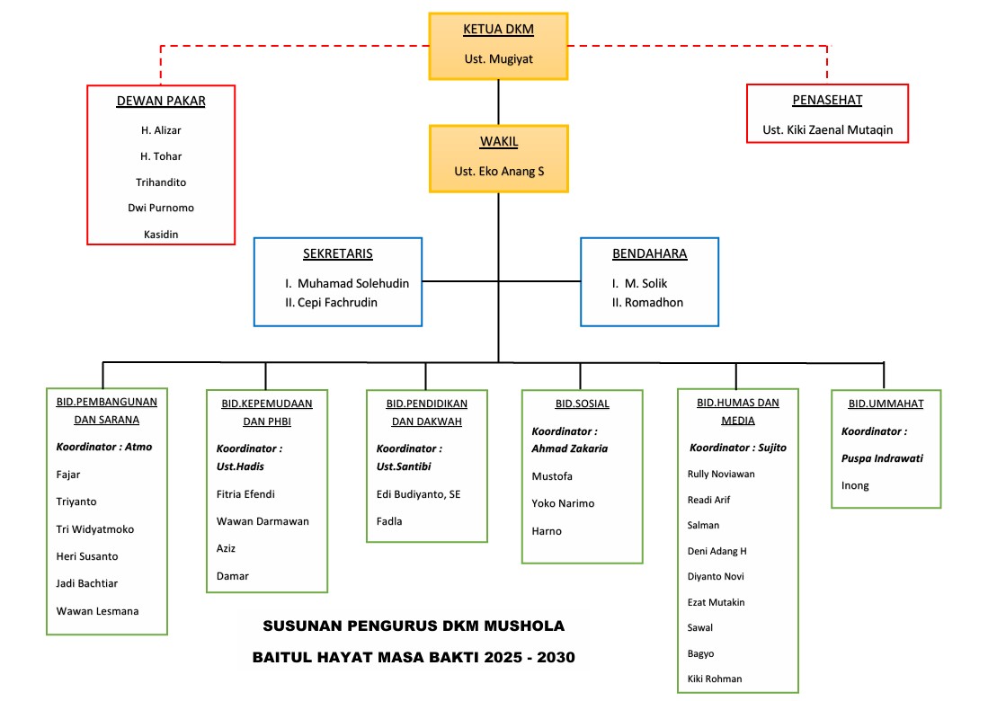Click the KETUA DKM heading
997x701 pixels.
(x=498, y=30)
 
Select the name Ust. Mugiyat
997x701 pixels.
(x=498, y=59)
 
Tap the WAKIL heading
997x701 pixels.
(x=498, y=142)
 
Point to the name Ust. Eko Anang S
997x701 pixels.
(x=499, y=171)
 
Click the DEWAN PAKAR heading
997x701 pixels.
(x=161, y=102)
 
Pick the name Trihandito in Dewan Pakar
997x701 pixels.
(x=161, y=182)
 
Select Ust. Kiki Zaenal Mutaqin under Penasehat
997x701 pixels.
(x=828, y=129)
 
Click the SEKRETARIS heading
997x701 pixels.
(x=337, y=253)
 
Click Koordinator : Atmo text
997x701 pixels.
(x=104, y=447)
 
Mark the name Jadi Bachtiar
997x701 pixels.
(x=87, y=583)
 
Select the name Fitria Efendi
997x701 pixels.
(x=245, y=494)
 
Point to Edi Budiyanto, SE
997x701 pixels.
(x=418, y=494)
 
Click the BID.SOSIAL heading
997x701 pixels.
(x=583, y=404)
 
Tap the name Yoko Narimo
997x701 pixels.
(x=563, y=503)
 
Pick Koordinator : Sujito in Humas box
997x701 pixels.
(x=737, y=448)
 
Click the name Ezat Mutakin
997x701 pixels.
(x=716, y=602)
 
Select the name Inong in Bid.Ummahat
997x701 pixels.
(x=854, y=485)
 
